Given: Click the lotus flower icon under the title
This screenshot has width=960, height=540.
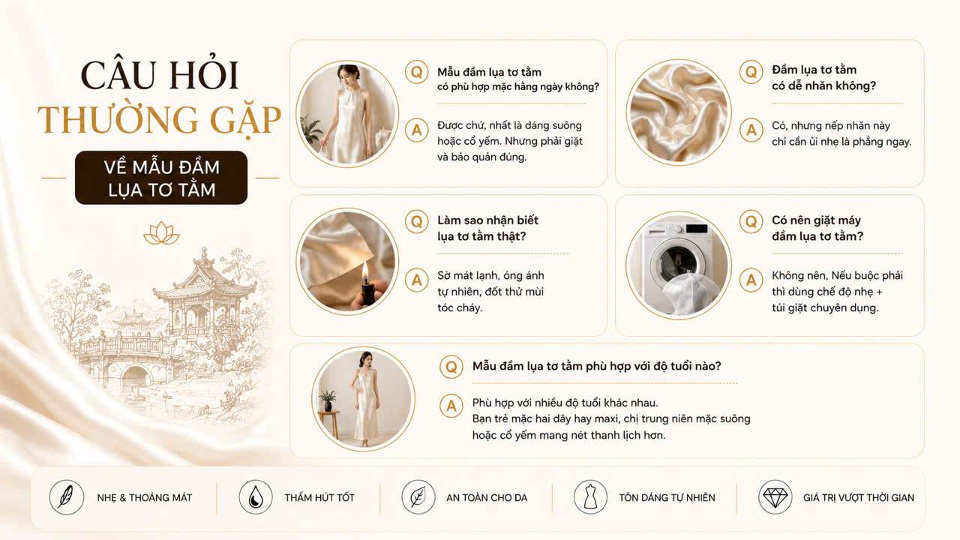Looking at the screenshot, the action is [x=161, y=233].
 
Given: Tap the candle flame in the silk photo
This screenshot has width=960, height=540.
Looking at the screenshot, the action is [x=365, y=271].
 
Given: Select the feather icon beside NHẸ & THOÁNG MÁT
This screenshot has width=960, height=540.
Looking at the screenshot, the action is [x=66, y=497].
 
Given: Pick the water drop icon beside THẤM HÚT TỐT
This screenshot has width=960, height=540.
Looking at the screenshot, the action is [x=256, y=497].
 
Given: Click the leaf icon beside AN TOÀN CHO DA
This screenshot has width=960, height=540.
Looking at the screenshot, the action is [x=418, y=497].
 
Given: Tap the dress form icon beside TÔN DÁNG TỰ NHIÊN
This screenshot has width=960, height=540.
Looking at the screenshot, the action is [x=590, y=497].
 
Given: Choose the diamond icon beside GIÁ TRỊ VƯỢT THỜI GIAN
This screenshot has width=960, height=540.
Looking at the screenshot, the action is [x=775, y=497].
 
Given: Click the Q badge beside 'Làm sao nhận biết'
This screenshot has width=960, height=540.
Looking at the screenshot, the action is [x=416, y=221].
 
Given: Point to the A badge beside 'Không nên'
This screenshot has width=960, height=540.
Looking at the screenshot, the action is [x=751, y=280].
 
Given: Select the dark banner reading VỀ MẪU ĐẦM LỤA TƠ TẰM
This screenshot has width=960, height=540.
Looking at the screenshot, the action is [x=161, y=178].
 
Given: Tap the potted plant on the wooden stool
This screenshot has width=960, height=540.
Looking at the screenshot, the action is [x=328, y=400].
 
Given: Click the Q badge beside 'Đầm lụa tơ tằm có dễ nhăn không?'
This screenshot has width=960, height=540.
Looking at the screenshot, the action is [x=751, y=71].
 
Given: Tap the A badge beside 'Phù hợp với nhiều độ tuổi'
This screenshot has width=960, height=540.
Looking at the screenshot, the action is [x=451, y=406].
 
